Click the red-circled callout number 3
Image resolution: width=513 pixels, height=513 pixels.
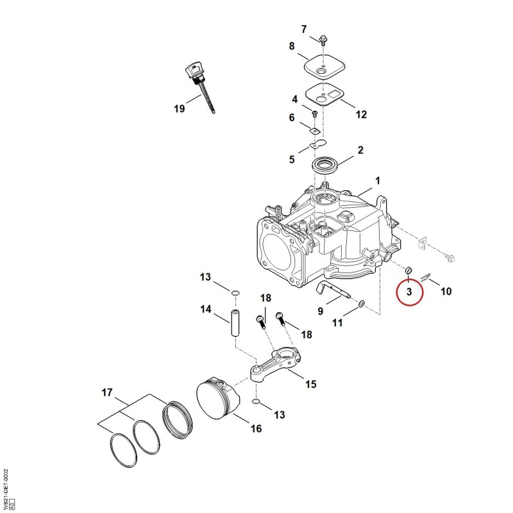[x=409, y=291]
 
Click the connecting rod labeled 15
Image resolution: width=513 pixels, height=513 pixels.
[x=276, y=364]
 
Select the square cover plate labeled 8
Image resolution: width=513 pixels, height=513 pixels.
[x=324, y=66]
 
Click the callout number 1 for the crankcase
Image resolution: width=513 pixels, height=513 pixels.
[x=378, y=181]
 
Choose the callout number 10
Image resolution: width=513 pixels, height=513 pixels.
[x=446, y=291]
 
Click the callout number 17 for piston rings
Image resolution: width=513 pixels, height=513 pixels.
[x=107, y=392]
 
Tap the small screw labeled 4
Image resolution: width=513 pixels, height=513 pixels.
[x=315, y=114]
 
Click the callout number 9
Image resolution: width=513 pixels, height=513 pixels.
[x=321, y=311]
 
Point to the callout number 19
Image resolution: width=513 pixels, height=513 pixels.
[x=180, y=108]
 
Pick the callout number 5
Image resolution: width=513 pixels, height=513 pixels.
[x=292, y=159]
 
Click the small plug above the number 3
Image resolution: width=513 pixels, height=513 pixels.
[x=408, y=270]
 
